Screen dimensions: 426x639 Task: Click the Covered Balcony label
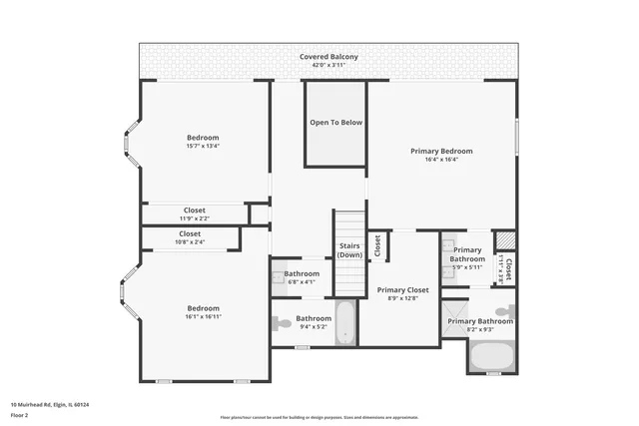click(x=328, y=57)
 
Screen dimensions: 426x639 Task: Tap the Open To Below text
click(x=335, y=123)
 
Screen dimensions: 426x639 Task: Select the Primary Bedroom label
click(x=441, y=151)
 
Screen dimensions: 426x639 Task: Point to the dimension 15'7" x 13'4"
click(x=203, y=147)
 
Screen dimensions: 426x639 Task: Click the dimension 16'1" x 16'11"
click(x=203, y=317)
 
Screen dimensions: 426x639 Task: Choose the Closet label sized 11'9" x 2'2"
click(x=194, y=211)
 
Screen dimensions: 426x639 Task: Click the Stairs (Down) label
click(x=349, y=249)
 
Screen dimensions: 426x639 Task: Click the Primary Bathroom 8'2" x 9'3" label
click(x=480, y=321)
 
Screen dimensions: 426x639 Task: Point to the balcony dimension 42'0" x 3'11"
click(x=328, y=66)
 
